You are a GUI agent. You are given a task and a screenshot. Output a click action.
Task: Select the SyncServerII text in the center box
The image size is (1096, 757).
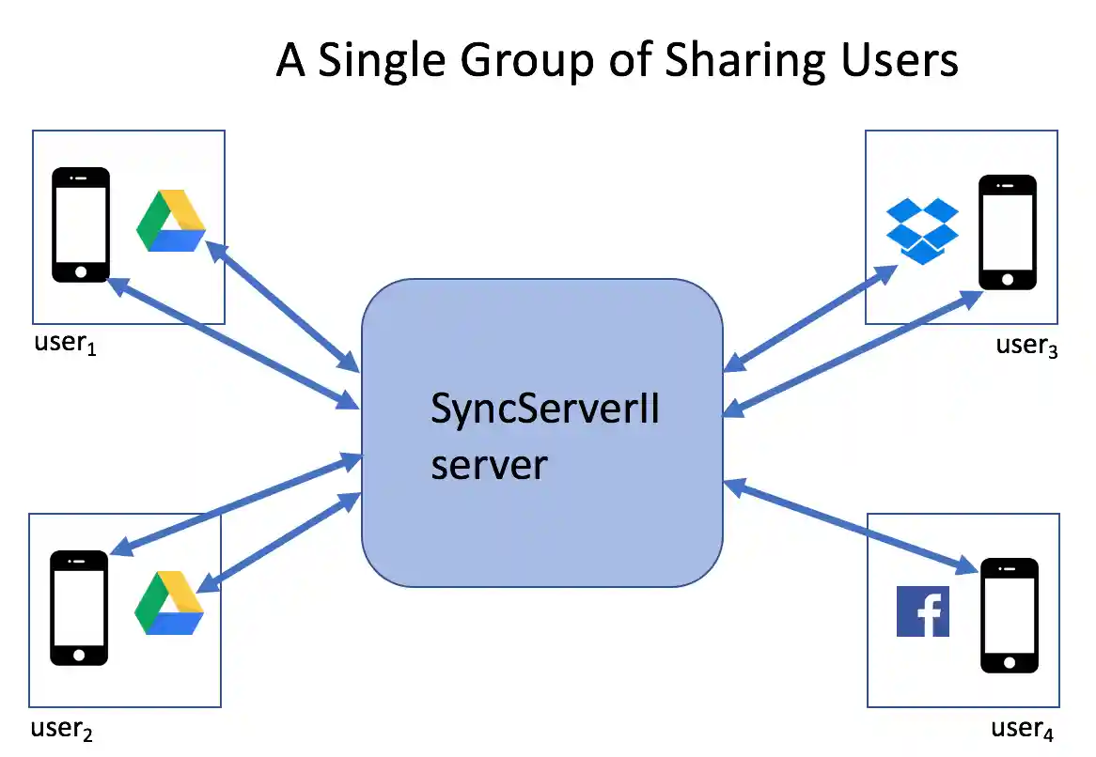pyautogui.click(x=545, y=410)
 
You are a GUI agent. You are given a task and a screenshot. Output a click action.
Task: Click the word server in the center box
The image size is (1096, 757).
pyautogui.click(x=489, y=464)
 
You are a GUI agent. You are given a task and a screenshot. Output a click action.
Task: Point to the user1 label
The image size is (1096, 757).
pyautogui.click(x=66, y=343)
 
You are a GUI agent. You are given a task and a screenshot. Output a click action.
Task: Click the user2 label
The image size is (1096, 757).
pyautogui.click(x=62, y=728)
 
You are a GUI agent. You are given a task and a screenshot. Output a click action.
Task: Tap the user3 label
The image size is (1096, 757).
pyautogui.click(x=1026, y=345)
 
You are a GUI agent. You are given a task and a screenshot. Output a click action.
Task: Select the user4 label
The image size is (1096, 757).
pyautogui.click(x=1023, y=729)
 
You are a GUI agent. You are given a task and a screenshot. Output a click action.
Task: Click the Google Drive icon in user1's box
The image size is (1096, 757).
pyautogui.click(x=171, y=222)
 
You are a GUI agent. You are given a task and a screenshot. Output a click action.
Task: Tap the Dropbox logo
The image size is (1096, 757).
pyautogui.click(x=922, y=230)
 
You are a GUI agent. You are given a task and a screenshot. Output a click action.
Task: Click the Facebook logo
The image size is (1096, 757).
pyautogui.click(x=922, y=611)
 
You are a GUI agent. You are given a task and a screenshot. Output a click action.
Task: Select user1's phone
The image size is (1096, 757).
pyautogui.click(x=81, y=224)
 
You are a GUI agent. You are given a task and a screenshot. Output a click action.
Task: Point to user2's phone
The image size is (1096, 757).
pyautogui.click(x=79, y=609)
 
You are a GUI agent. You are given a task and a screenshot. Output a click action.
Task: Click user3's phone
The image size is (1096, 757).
pyautogui.click(x=1008, y=232)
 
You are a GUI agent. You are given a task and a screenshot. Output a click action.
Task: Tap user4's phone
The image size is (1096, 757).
pyautogui.click(x=1010, y=615)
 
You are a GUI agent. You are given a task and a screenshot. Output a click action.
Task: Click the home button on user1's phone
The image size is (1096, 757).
pyautogui.click(x=81, y=271)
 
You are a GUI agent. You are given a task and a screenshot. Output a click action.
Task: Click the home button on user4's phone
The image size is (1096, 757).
pyautogui.click(x=1010, y=662)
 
